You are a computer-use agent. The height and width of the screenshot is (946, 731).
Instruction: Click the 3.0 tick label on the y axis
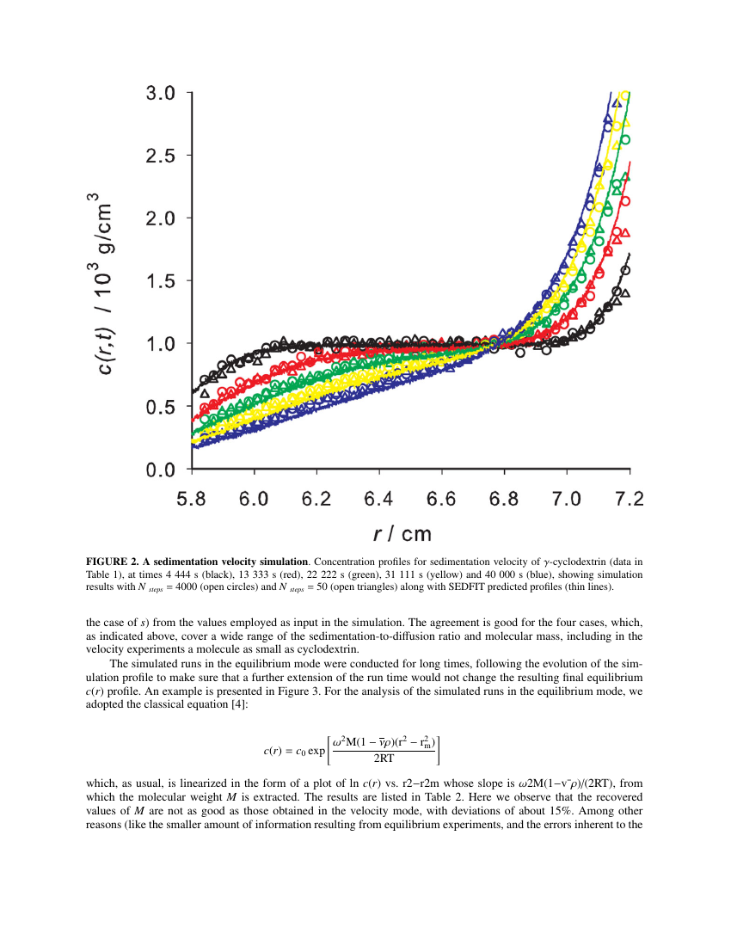[x=161, y=93]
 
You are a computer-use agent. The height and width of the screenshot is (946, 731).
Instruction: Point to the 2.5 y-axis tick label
[x=161, y=156]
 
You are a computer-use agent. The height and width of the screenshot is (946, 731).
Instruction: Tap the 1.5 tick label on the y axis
[x=161, y=281]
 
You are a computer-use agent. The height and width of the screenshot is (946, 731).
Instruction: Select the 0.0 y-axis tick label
[x=161, y=470]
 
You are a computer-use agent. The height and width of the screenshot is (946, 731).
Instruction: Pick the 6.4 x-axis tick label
[x=379, y=500]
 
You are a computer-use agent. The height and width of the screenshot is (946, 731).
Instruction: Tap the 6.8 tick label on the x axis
[x=505, y=500]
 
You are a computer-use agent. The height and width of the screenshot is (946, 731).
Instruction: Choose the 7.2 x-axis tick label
[x=630, y=500]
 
